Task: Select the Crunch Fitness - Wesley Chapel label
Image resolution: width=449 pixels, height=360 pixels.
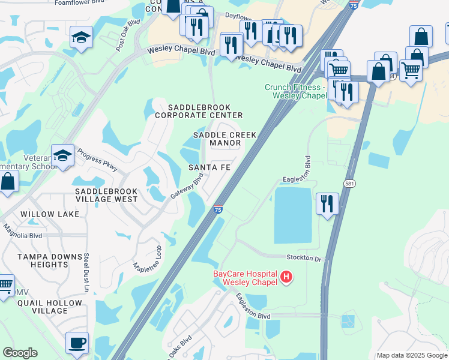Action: pyautogui.click(x=295, y=91)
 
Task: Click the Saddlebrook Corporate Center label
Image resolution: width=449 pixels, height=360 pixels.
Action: pyautogui.click(x=199, y=111)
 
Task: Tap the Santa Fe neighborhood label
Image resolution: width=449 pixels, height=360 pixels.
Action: pyautogui.click(x=209, y=167)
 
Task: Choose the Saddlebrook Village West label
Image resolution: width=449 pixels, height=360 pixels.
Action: pyautogui.click(x=106, y=195)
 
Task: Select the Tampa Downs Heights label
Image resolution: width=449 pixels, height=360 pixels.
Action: pyautogui.click(x=41, y=260)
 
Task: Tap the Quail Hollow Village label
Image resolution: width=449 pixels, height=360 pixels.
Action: pyautogui.click(x=42, y=307)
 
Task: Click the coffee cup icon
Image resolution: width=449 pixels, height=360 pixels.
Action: pyautogui.click(x=77, y=343)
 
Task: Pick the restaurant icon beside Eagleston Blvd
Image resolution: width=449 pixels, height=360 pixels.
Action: pyautogui.click(x=327, y=204)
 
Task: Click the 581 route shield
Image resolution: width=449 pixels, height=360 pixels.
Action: pyautogui.click(x=349, y=182)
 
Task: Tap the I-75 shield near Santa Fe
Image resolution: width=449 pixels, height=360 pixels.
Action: pyautogui.click(x=217, y=210)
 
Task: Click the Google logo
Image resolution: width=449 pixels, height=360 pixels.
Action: pyautogui.click(x=20, y=353)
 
